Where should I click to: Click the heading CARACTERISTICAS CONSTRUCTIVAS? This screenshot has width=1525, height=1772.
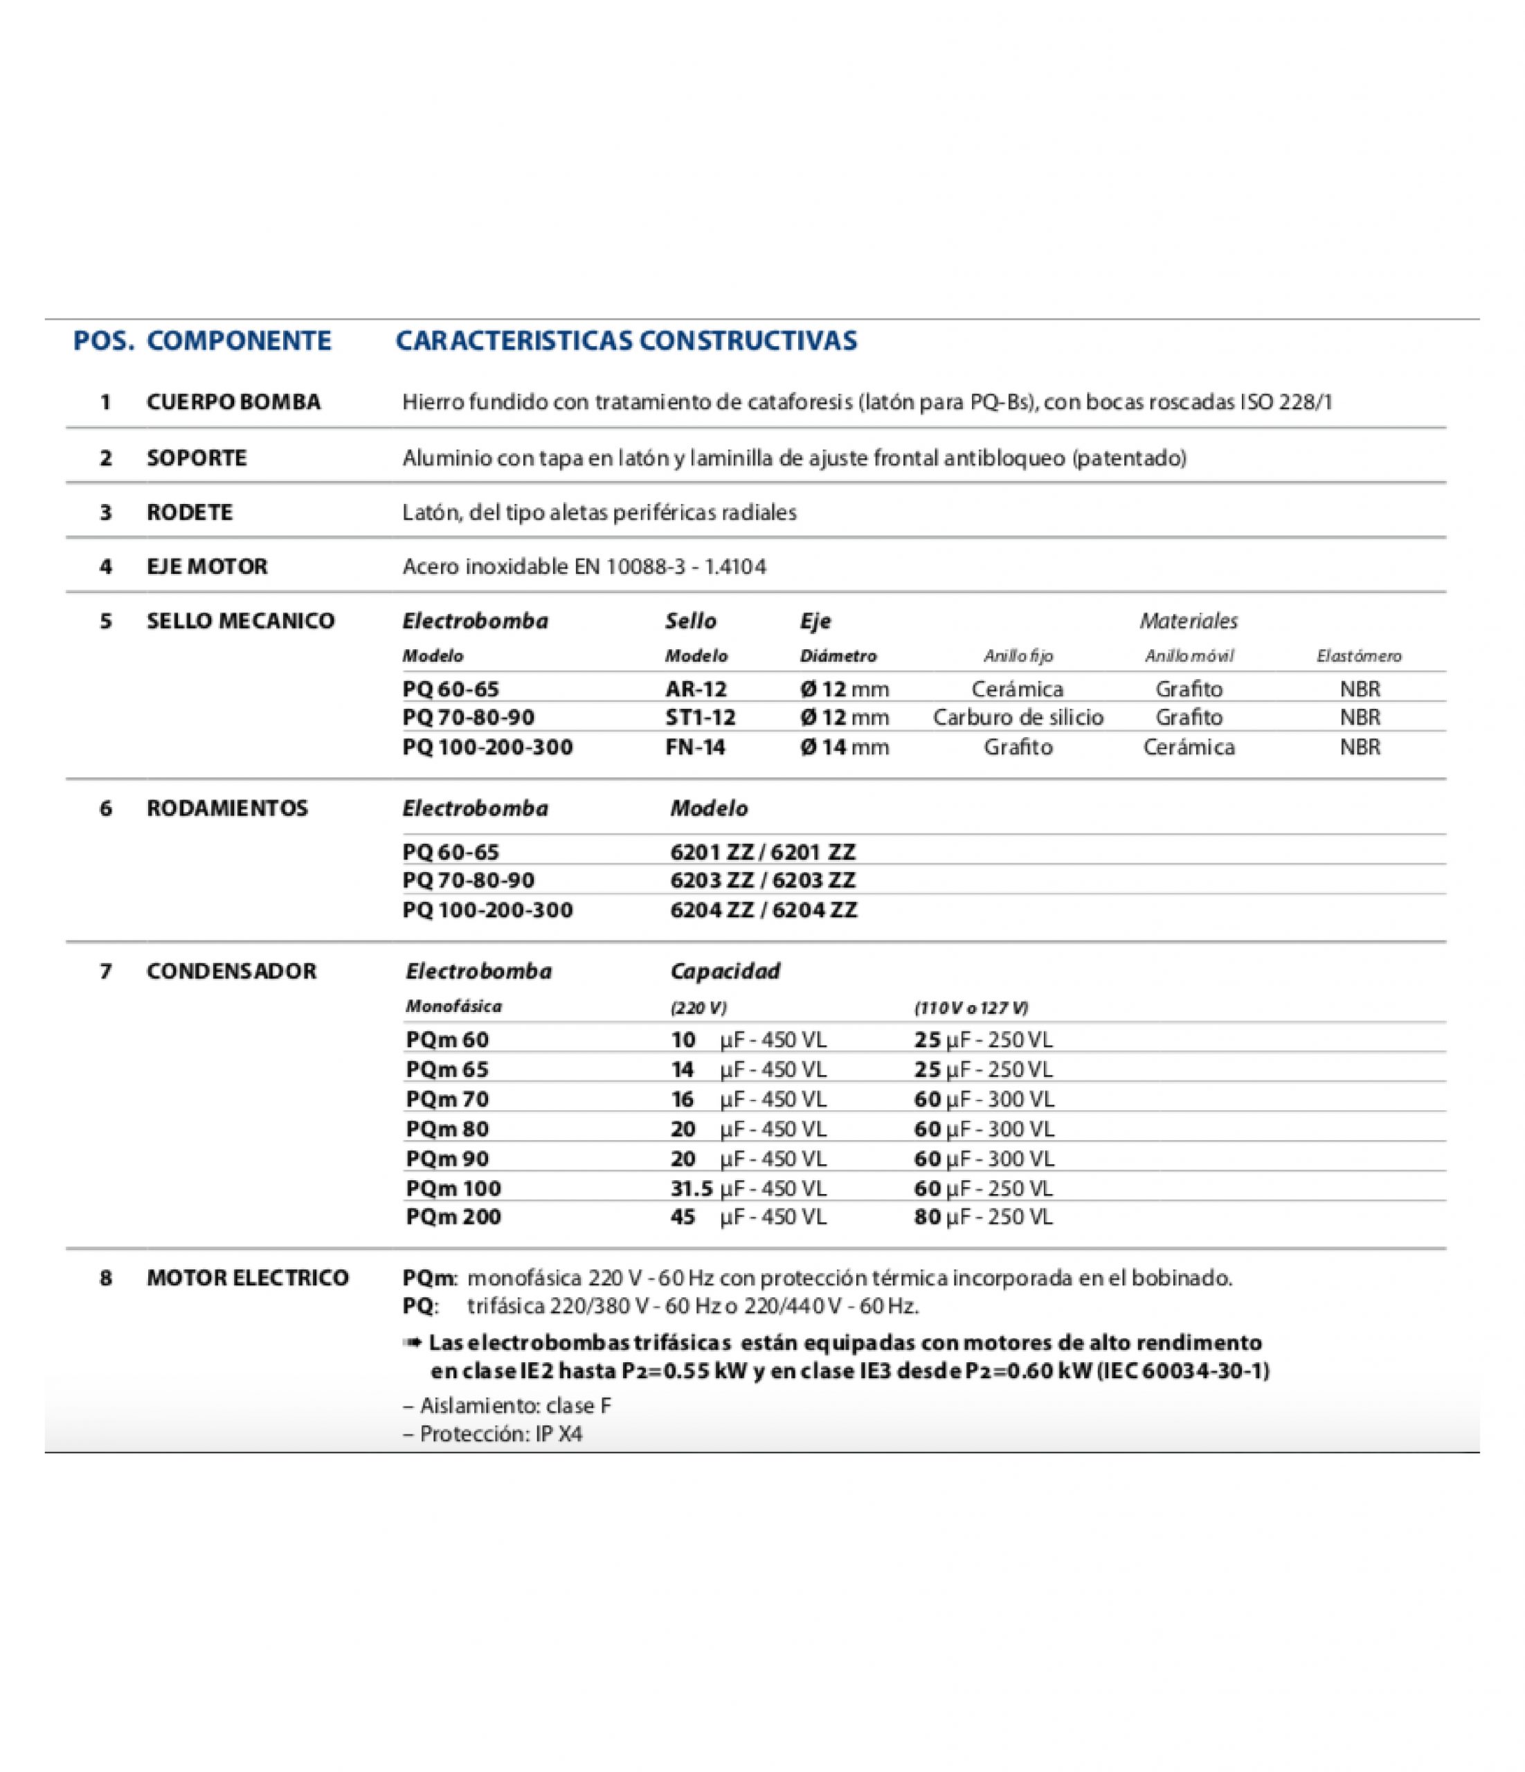pyautogui.click(x=625, y=341)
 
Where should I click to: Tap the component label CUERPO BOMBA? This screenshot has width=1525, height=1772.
pyautogui.click(x=233, y=402)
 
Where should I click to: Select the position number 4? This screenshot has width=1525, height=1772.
pyautogui.click(x=106, y=566)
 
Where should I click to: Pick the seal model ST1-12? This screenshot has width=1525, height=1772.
pyautogui.click(x=700, y=718)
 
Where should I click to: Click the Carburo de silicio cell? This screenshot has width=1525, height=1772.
pyautogui.click(x=1018, y=718)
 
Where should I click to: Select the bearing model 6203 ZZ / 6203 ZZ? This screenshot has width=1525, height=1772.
pyautogui.click(x=763, y=880)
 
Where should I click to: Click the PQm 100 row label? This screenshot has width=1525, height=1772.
pyautogui.click(x=453, y=1188)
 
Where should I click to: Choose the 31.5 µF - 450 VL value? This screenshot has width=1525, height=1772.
pyautogui.click(x=748, y=1188)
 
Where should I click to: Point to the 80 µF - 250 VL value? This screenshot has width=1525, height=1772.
pyautogui.click(x=983, y=1217)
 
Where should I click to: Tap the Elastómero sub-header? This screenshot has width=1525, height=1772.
pyautogui.click(x=1359, y=656)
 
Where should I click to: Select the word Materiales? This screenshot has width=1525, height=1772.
pyautogui.click(x=1188, y=621)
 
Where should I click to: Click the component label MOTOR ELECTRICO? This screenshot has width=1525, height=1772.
pyautogui.click(x=247, y=1278)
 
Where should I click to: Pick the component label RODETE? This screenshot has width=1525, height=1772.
pyautogui.click(x=189, y=512)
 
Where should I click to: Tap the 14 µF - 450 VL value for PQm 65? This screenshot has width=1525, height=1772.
pyautogui.click(x=748, y=1070)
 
